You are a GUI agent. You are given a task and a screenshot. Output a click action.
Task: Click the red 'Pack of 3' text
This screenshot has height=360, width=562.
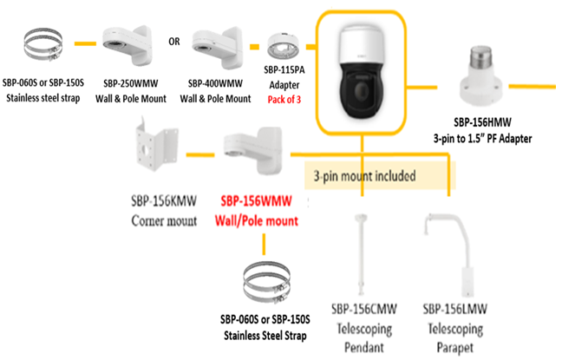(x=284, y=99)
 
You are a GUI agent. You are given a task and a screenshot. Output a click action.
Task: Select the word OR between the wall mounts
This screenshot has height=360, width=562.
(x=174, y=42)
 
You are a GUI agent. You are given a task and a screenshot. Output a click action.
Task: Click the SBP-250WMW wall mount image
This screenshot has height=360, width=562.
(x=127, y=45)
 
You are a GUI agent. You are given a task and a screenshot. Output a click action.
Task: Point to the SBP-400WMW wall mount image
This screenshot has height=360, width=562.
(x=217, y=47)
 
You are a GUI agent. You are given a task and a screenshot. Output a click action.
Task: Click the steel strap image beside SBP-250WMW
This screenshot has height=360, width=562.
(x=43, y=45)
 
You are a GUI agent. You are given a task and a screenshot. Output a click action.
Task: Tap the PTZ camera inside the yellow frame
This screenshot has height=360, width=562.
(x=361, y=73)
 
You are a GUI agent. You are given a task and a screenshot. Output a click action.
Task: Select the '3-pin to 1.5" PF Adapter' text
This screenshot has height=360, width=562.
(x=482, y=139)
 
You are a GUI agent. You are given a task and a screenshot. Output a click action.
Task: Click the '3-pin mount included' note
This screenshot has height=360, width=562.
(x=364, y=176)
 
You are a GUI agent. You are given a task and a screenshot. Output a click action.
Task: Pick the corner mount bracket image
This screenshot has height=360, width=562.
(x=157, y=143)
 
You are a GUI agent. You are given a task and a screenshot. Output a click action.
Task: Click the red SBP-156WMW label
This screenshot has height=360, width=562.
(x=256, y=201)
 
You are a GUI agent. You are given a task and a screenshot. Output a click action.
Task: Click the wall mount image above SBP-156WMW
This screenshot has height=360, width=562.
(x=252, y=151)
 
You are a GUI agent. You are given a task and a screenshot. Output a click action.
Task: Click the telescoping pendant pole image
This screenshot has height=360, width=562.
(x=360, y=255)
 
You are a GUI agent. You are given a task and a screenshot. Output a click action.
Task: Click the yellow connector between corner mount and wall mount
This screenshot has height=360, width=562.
(x=200, y=155)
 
